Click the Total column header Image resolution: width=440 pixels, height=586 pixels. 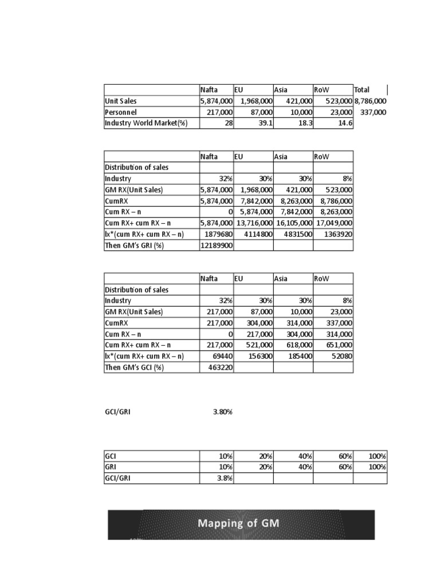click(x=362, y=90)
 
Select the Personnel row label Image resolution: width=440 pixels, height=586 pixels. click(x=121, y=112)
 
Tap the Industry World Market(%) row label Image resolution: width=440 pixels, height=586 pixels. click(x=146, y=123)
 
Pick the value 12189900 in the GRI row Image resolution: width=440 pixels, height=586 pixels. click(x=216, y=246)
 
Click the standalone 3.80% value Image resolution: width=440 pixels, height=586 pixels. click(x=222, y=411)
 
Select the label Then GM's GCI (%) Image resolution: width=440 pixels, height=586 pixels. click(x=134, y=367)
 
